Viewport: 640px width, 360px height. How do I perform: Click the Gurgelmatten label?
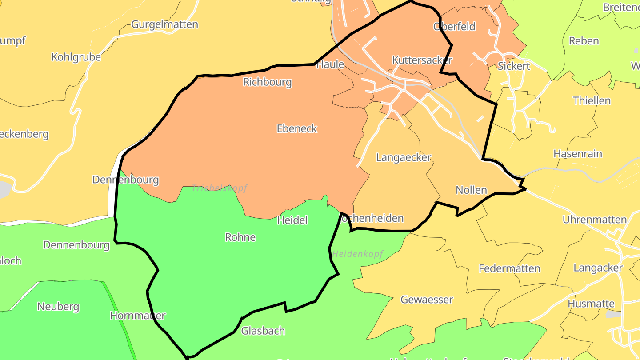click(x=164, y=24)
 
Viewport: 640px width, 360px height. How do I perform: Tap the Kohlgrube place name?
click(x=76, y=57)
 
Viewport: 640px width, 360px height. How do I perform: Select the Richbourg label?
click(x=267, y=82)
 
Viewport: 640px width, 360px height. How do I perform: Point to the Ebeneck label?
click(x=297, y=128)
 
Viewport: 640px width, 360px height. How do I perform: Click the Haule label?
click(x=330, y=64)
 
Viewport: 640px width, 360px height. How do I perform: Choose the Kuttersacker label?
click(x=422, y=60)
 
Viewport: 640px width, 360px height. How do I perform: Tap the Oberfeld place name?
click(x=454, y=27)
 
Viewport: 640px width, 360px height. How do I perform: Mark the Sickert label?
click(x=514, y=66)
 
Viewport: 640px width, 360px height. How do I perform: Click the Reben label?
click(x=584, y=41)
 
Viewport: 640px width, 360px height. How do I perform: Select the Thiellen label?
click(x=592, y=100)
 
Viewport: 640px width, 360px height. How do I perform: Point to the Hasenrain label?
click(x=577, y=154)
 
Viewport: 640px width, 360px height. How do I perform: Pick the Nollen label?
click(x=471, y=190)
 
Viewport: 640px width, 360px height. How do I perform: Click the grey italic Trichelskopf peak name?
click(x=220, y=188)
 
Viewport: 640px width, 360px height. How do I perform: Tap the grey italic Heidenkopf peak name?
click(x=357, y=254)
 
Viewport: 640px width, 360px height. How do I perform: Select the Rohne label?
click(x=240, y=237)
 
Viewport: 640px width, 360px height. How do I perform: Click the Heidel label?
click(x=292, y=220)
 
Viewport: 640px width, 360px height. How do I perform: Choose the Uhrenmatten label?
click(x=594, y=220)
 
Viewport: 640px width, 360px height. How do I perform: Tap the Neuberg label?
click(x=58, y=307)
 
